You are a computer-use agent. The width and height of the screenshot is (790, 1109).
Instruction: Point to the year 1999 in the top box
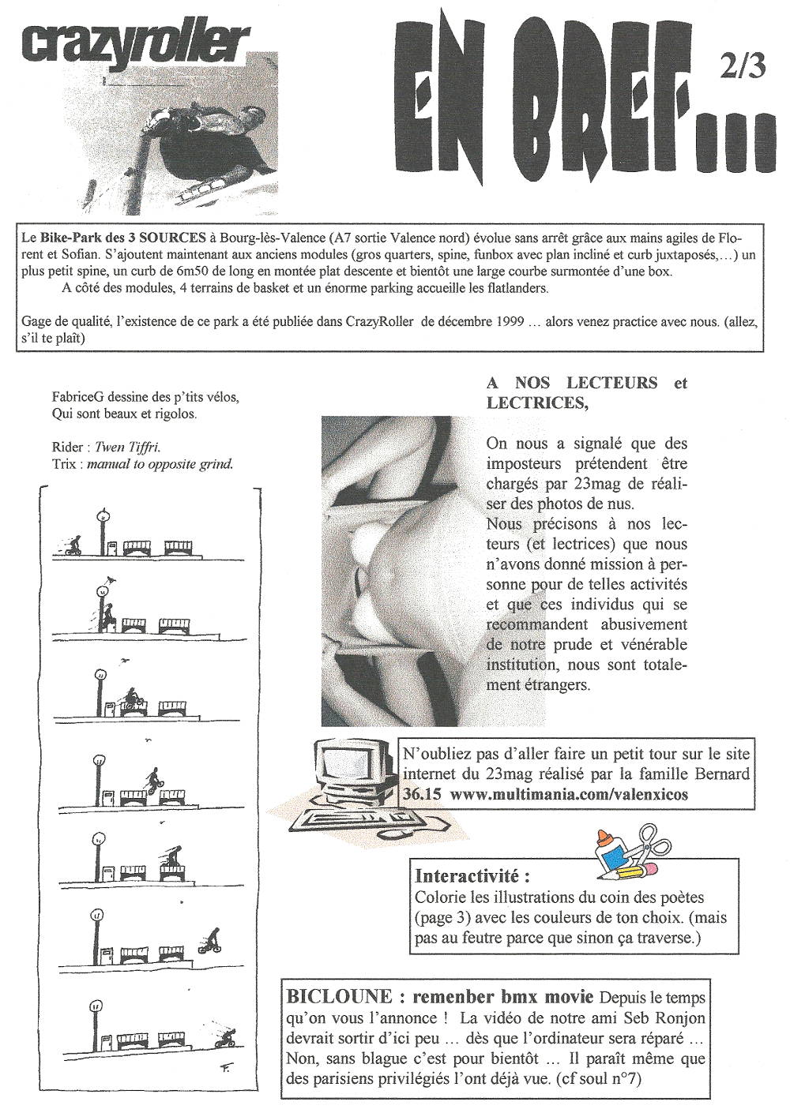pos(513,321)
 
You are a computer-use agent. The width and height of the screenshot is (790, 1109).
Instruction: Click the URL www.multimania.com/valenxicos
pos(569,795)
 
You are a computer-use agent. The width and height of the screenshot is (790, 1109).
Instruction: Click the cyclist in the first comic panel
pos(73,545)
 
